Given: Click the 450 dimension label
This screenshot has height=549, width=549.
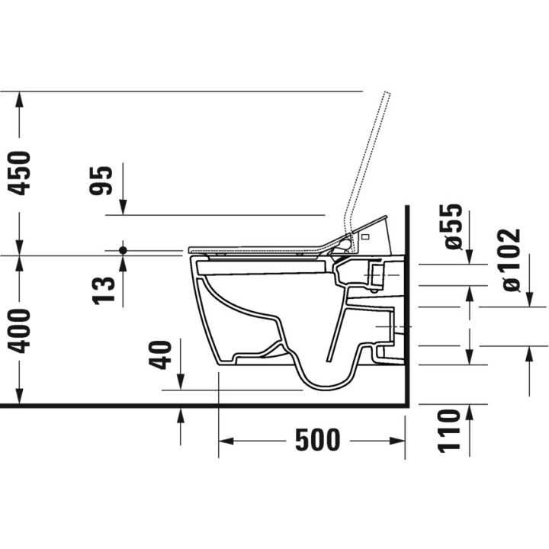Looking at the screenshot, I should tap(21, 172).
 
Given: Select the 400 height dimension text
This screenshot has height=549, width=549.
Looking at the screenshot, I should tap(21, 330).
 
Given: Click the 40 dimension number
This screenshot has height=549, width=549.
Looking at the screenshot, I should tap(162, 354).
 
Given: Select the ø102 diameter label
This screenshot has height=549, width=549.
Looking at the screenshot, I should tap(510, 260).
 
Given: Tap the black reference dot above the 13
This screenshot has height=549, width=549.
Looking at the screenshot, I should tap(122, 249).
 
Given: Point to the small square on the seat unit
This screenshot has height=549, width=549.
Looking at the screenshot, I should tap(365, 237).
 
